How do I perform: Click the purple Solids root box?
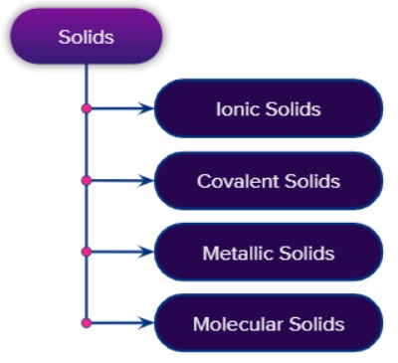86,37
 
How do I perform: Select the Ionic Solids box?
269,108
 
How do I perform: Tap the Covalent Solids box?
269,181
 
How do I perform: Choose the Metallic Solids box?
269,253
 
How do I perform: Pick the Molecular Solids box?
269,323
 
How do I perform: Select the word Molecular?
233,323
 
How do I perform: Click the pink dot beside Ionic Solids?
87,108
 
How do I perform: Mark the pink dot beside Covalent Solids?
87,181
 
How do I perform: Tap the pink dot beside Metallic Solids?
87,253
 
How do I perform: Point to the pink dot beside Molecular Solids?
87,323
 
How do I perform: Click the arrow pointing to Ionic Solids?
123,108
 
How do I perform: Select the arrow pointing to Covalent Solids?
123,181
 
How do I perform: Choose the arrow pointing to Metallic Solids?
123,253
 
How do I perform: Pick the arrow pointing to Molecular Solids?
123,323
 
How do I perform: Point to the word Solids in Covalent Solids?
309,181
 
